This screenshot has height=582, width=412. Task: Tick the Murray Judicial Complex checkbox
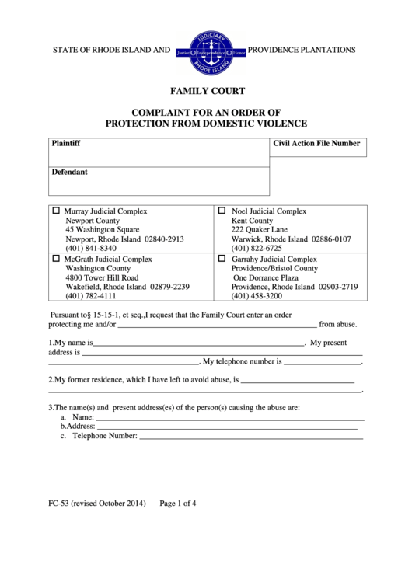coord(55,211)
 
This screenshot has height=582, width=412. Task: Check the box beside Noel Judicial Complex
coord(222,211)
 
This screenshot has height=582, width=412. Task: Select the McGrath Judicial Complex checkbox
coord(55,259)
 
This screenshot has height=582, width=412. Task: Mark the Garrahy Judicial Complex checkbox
coord(222,259)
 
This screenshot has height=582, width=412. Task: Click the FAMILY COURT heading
coord(206,91)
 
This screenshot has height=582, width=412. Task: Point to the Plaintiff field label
coord(65,144)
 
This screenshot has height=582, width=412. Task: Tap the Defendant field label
coord(69,172)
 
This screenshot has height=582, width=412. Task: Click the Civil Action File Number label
coord(316,144)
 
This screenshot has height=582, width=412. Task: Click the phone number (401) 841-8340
coord(91,248)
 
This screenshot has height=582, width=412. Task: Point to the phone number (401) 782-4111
coord(91,296)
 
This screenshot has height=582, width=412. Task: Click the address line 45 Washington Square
coord(103,229)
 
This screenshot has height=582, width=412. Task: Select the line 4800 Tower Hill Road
coord(103,277)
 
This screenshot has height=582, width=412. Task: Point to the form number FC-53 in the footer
coord(58,502)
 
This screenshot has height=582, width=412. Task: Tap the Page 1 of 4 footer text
coord(177,502)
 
